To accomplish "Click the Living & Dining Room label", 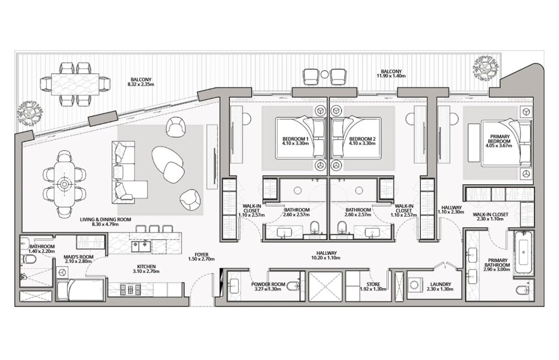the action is point(105,219).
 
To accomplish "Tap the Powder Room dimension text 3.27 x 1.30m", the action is point(268,289).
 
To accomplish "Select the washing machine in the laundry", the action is point(416,285).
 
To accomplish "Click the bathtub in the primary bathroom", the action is point(523,253).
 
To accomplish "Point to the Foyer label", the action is point(201,255).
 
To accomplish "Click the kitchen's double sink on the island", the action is point(141,247).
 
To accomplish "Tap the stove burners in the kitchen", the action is point(130,289).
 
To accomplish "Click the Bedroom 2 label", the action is point(362,139).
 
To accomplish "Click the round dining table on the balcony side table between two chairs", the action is point(324,74).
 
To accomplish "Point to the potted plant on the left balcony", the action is point(30,113).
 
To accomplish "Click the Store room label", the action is point(373,284).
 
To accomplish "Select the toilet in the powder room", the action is point(293,286).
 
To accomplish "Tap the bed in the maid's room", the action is point(80,290).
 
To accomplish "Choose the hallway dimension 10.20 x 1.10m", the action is point(326,258).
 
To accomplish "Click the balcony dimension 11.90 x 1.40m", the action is point(391,76).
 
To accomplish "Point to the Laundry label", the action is point(441,284).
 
